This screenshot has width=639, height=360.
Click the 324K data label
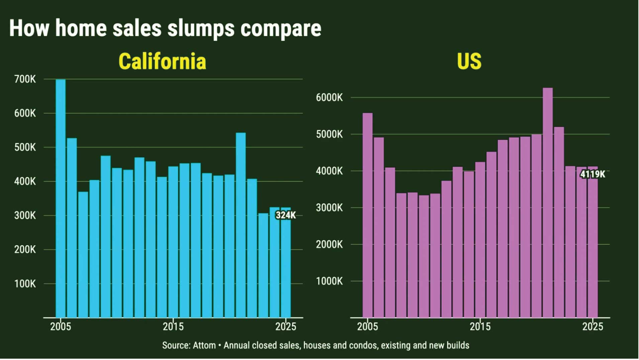285,215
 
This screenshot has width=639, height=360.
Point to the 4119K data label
592,174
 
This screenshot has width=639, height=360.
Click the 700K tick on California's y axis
25,79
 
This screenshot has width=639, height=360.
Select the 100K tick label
25,284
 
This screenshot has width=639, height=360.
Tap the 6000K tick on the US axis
329,98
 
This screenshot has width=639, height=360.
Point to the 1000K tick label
329,281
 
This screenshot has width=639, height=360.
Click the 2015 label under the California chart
173,327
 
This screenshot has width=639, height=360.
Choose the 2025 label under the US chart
592,327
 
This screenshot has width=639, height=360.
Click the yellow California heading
162,61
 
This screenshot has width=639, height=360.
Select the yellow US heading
469,61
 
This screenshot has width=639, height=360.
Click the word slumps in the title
201,29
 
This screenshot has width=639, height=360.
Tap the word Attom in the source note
204,345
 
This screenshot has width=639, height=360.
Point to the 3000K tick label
329,208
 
